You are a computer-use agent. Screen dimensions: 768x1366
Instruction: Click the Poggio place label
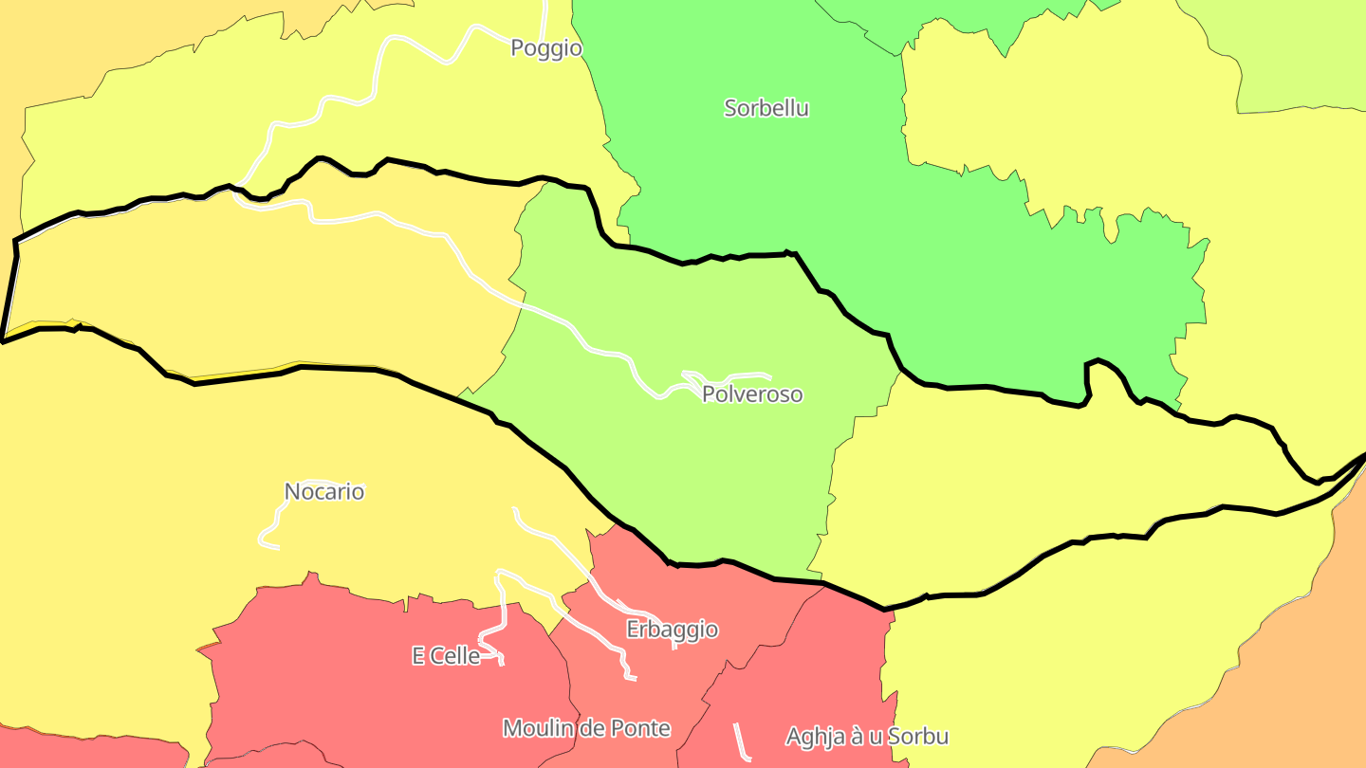pos(545,47)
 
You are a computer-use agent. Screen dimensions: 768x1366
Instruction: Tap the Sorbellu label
pos(766,108)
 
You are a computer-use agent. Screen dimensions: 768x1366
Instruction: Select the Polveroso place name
pos(752,394)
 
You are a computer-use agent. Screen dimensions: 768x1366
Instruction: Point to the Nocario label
pos(324,492)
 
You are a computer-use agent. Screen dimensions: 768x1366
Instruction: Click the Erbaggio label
pos(672,630)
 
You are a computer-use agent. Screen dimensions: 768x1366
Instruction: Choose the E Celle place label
pos(446,656)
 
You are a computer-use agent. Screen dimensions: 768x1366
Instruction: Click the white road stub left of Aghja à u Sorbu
pos(742,741)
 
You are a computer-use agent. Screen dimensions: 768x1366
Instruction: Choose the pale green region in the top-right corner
pos(1309,57)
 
